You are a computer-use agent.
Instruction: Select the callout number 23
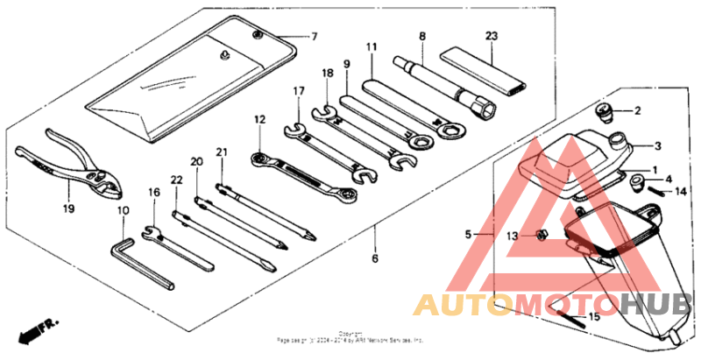click(x=490, y=36)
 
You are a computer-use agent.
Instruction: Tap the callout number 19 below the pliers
click(x=68, y=208)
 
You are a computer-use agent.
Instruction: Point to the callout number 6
click(x=374, y=259)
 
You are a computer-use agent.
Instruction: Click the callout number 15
click(x=593, y=316)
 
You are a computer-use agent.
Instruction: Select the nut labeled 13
click(x=542, y=235)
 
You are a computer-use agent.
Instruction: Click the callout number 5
click(x=468, y=235)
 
